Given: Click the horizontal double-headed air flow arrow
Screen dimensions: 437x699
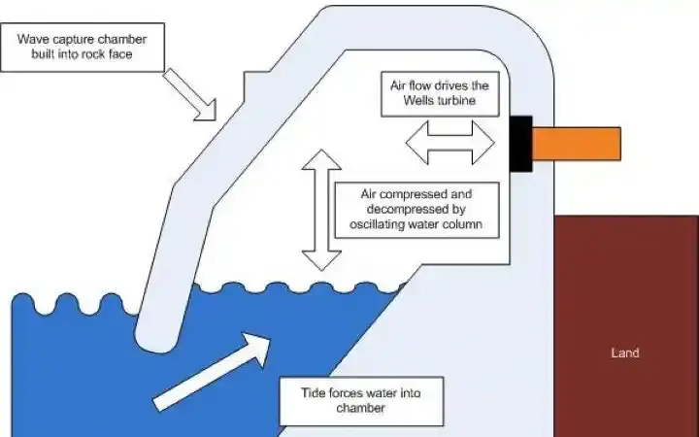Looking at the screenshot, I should pos(449,143).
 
